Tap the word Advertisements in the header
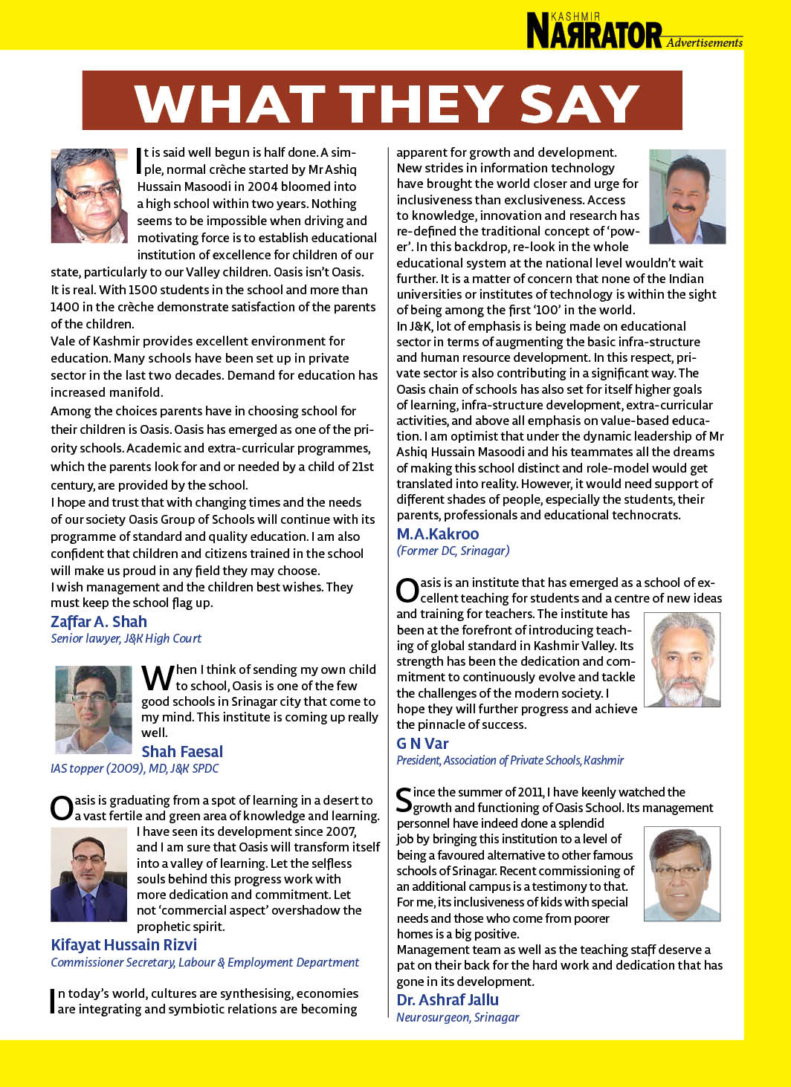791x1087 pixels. coord(704,43)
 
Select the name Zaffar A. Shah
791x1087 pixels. coord(99,622)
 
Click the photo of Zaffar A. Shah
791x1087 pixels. coord(89,195)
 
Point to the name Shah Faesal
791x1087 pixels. coord(182,752)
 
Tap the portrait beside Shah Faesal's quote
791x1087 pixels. coord(94,710)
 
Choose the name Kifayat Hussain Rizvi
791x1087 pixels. coord(124,945)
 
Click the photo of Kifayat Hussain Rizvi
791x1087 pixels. coord(89,875)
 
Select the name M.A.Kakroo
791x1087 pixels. coord(438,534)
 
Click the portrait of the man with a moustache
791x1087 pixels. coord(687,197)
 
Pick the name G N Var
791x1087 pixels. coord(422,744)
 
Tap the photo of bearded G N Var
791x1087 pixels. coord(682,659)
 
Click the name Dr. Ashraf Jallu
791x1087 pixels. coord(448,1000)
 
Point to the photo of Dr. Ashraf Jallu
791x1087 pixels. coord(682,874)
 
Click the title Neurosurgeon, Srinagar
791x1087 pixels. coord(458,1017)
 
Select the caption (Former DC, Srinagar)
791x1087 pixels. coord(453,551)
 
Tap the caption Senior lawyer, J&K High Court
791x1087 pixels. coord(126,638)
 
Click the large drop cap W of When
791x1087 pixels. coord(158,678)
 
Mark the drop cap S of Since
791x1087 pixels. coord(404,799)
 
